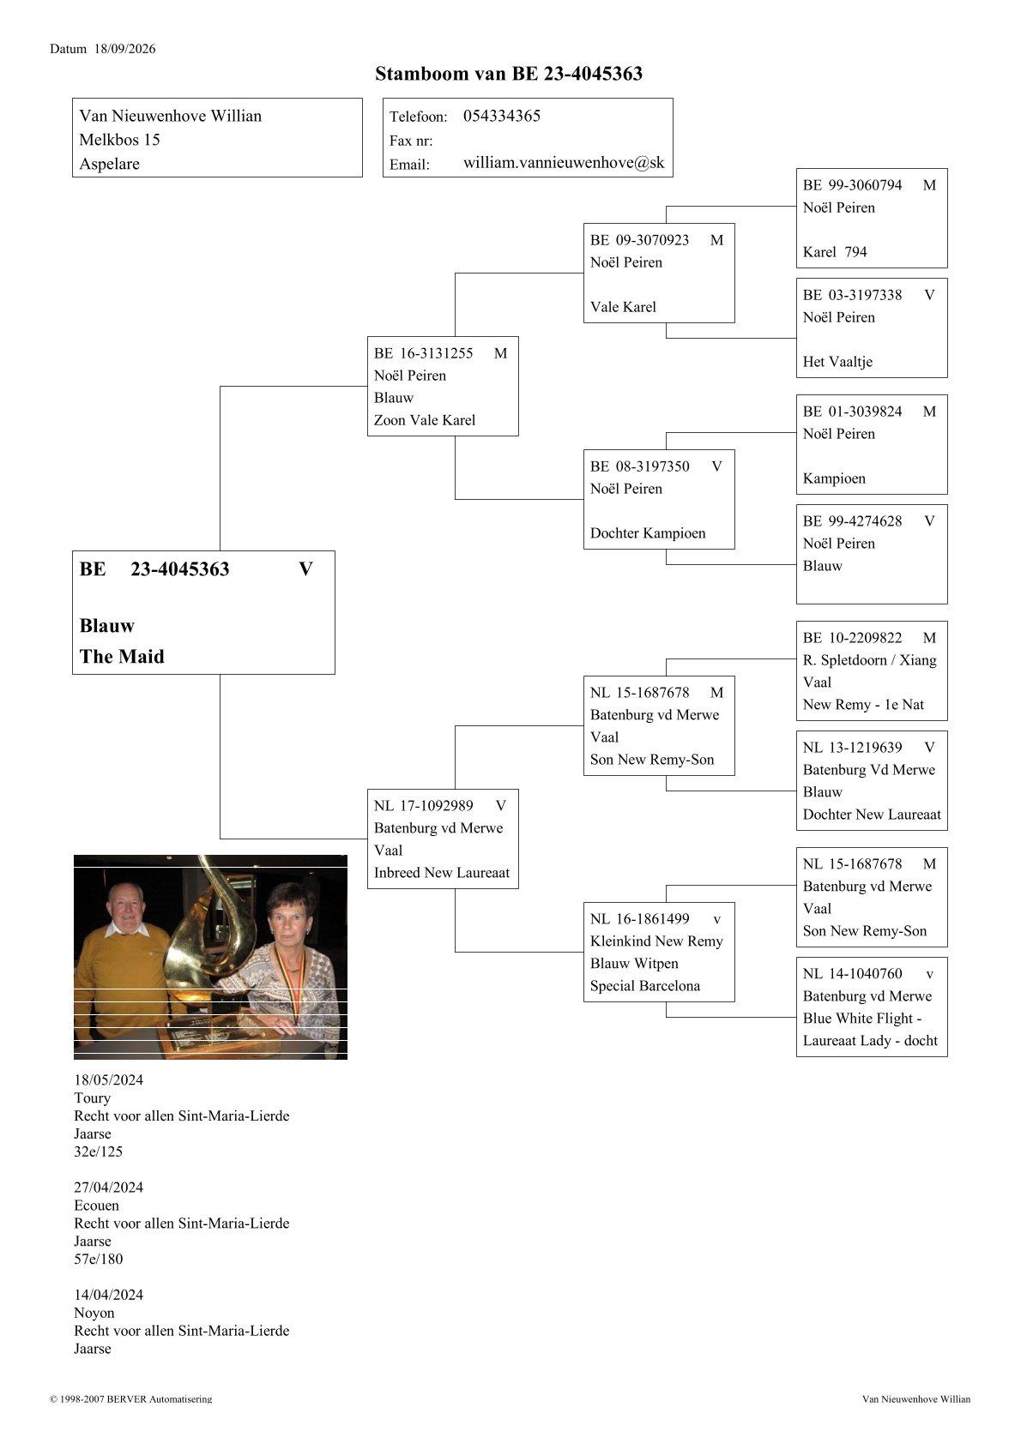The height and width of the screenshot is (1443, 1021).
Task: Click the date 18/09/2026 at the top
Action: (124, 49)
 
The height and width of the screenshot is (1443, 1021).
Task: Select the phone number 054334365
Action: (501, 116)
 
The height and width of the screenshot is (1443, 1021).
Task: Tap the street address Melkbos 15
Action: (119, 140)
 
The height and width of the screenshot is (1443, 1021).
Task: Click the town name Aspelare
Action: (110, 164)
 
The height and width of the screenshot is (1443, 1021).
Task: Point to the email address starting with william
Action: (564, 163)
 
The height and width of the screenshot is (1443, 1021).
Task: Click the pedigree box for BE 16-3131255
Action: (443, 387)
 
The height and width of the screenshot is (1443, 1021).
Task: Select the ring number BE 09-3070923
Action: (639, 240)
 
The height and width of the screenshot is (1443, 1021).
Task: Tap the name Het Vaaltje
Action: (837, 362)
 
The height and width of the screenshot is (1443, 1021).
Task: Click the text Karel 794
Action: (835, 252)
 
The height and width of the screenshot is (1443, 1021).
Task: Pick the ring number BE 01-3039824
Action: (852, 412)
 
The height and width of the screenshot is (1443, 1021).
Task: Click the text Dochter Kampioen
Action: (648, 533)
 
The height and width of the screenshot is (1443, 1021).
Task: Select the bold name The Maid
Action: (122, 657)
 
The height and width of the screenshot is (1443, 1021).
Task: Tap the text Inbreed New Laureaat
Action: (442, 873)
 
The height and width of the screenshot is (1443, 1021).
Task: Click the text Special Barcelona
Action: (644, 986)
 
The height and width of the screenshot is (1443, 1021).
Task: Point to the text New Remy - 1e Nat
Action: (863, 705)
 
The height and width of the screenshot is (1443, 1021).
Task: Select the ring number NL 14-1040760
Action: (852, 974)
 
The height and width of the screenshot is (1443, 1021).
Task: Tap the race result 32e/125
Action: (98, 1151)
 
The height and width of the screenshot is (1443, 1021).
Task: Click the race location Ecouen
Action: (97, 1206)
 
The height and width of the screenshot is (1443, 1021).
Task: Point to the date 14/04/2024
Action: (108, 1296)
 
